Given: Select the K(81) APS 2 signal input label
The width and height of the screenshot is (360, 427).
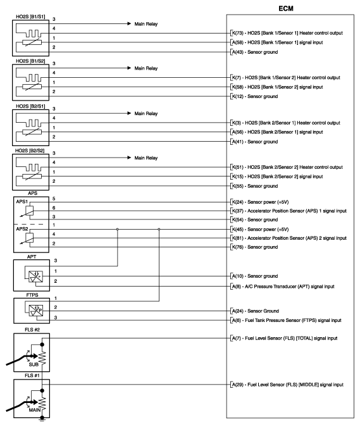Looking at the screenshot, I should tap(295, 238).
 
